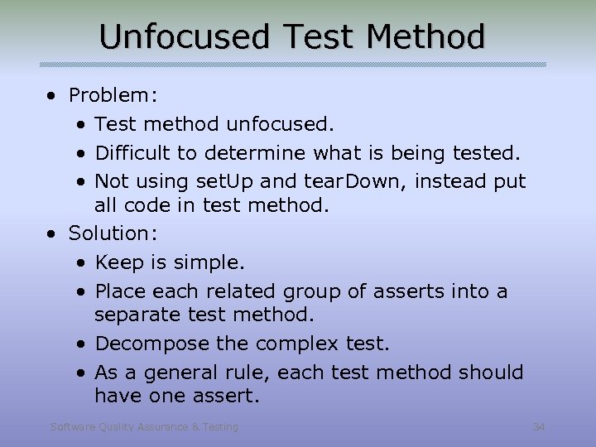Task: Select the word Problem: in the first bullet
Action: [x=113, y=96]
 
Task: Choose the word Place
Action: [x=119, y=291]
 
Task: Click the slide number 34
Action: [x=539, y=427]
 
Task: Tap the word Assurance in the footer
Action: [x=171, y=427]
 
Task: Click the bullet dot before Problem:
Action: [x=52, y=96]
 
